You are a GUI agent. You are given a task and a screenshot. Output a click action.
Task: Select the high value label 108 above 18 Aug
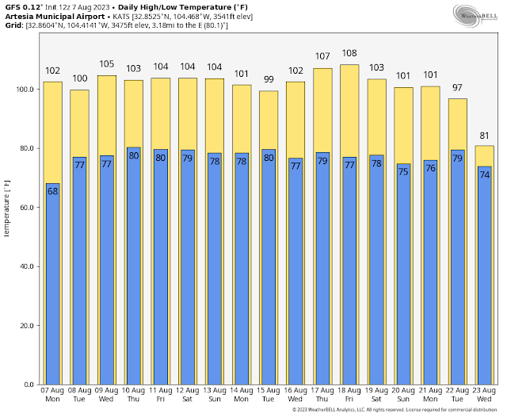click(x=349, y=54)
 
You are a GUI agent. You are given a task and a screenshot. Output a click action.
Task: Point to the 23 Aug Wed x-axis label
click(x=484, y=395)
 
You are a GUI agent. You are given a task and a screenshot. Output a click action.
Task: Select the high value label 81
click(x=484, y=136)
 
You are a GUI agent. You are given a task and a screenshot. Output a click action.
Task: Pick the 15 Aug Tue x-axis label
click(x=269, y=395)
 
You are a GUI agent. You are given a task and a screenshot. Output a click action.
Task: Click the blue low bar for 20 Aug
click(x=403, y=277)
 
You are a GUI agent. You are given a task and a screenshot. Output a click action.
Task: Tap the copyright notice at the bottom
click(x=394, y=410)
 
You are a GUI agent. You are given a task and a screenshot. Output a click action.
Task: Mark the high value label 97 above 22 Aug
click(x=457, y=87)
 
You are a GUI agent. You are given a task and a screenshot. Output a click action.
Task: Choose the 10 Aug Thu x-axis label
click(x=134, y=395)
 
